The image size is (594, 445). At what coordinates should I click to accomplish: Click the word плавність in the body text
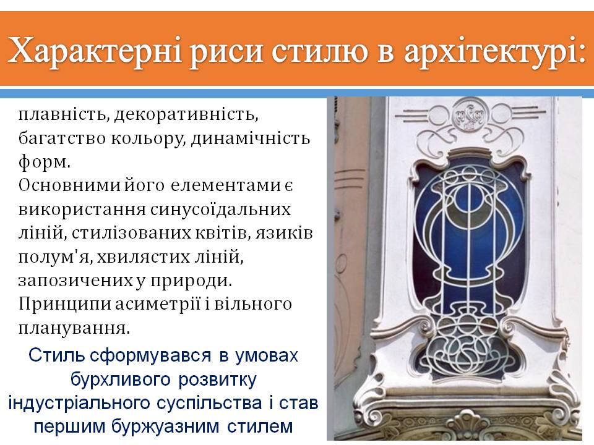(57, 114)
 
